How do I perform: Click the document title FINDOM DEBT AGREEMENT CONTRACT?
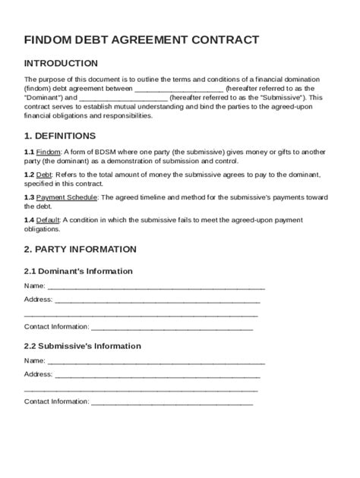(141, 39)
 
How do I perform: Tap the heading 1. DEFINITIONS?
(60, 136)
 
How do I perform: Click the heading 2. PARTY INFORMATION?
(81, 249)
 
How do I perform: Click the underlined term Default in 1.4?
(49, 220)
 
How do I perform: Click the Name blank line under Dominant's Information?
(156, 286)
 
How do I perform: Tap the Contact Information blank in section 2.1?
(172, 327)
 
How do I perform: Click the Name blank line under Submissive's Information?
(156, 360)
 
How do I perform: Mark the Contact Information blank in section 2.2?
(172, 401)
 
